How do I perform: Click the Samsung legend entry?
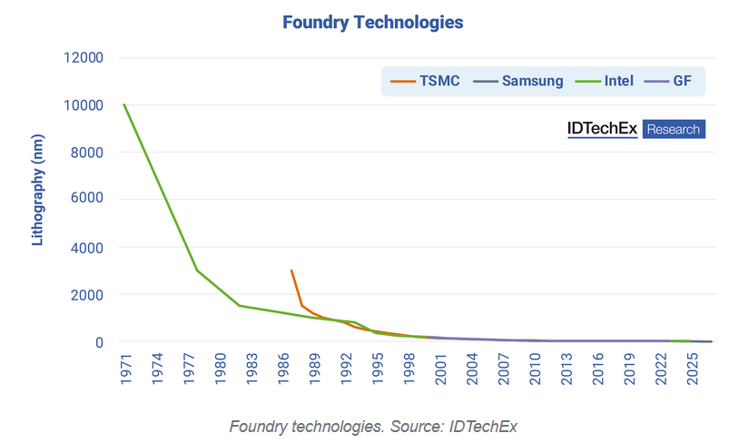[x=521, y=81]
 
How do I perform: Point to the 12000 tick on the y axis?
[x=85, y=58]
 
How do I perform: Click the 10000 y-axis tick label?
[x=85, y=105]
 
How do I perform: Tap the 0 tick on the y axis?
[x=99, y=342]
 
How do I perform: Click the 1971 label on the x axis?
[x=124, y=368]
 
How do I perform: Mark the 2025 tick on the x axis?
[x=691, y=368]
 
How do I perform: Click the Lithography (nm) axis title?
[x=37, y=200]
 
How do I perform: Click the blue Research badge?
[x=674, y=130]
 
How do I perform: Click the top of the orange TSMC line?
[x=291, y=271]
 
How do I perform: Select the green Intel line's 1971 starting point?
[x=124, y=104]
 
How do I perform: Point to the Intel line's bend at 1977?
[x=197, y=271]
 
